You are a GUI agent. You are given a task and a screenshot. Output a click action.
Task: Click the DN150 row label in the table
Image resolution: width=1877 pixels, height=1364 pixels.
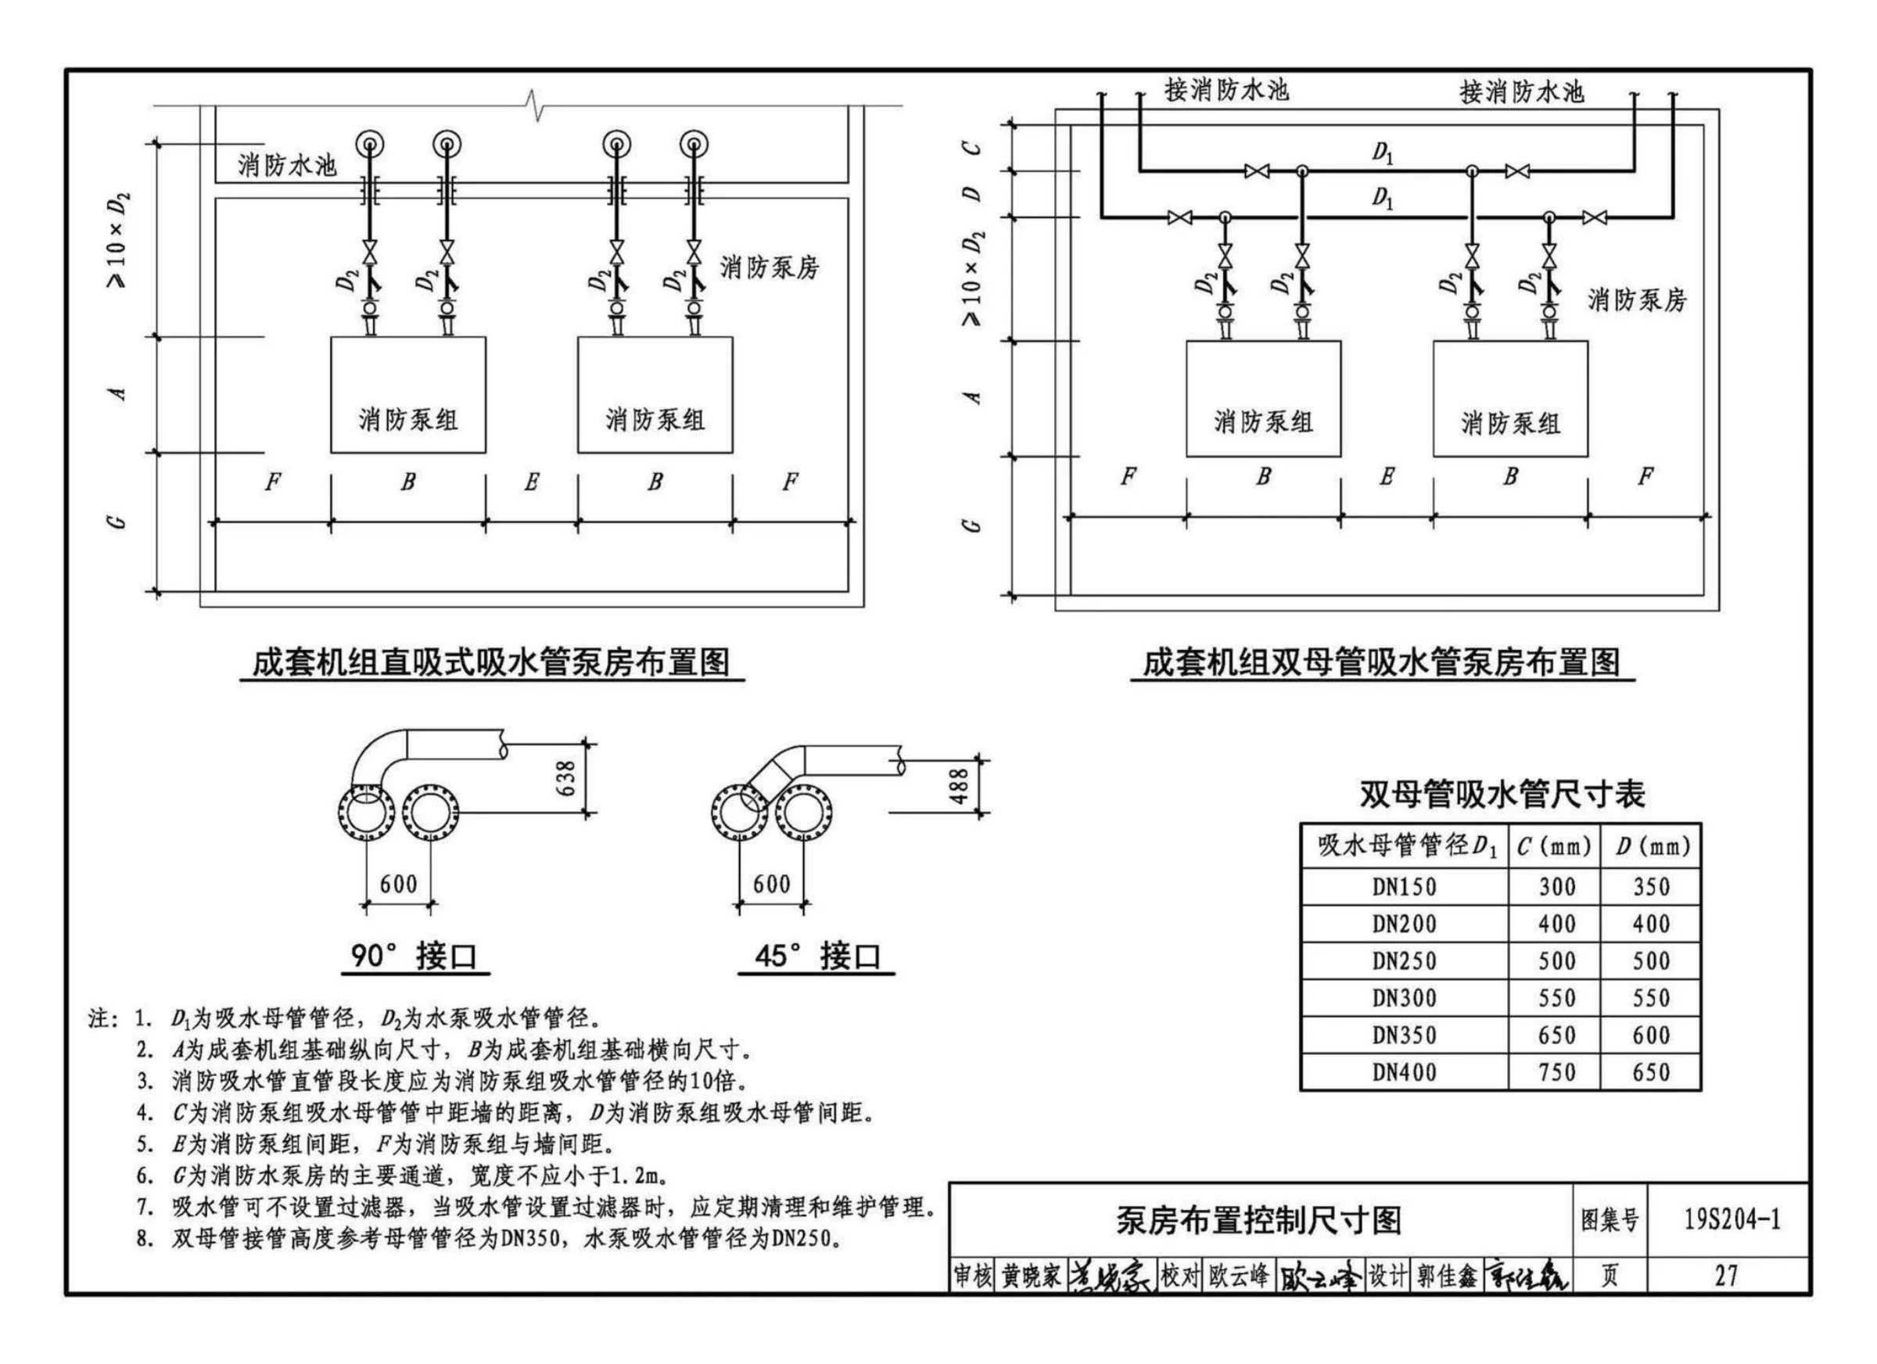[x=1404, y=886]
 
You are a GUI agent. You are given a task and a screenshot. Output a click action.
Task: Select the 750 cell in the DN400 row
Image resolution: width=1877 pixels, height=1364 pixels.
[x=1556, y=1071]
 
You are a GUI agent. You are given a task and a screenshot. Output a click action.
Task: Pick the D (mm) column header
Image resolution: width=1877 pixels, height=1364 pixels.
[x=1652, y=846]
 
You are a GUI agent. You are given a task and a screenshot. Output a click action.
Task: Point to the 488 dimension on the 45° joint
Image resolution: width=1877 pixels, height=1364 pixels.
[x=959, y=786]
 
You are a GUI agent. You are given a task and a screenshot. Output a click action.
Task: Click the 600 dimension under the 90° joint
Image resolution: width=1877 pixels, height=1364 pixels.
[x=398, y=884]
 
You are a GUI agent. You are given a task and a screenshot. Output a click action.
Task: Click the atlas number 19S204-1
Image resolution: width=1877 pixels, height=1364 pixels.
[x=1732, y=1219]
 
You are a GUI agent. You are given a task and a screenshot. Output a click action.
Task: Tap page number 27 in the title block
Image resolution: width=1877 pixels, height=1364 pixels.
[x=1726, y=1276]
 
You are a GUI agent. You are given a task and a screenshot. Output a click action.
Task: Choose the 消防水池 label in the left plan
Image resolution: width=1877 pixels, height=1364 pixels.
[x=287, y=165]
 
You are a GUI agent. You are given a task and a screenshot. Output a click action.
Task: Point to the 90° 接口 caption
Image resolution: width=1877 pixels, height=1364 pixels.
[x=414, y=955]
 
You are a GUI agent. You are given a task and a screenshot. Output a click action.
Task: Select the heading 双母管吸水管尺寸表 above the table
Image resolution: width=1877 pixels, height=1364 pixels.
[x=1502, y=794]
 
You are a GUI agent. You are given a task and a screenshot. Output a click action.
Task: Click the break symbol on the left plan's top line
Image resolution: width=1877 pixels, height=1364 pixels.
[x=536, y=105]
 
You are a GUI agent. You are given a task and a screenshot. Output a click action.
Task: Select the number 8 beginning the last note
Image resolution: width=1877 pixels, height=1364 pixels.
[x=145, y=1239]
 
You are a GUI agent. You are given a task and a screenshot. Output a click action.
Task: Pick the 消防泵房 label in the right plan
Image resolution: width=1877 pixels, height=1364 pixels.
[x=1637, y=299]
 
